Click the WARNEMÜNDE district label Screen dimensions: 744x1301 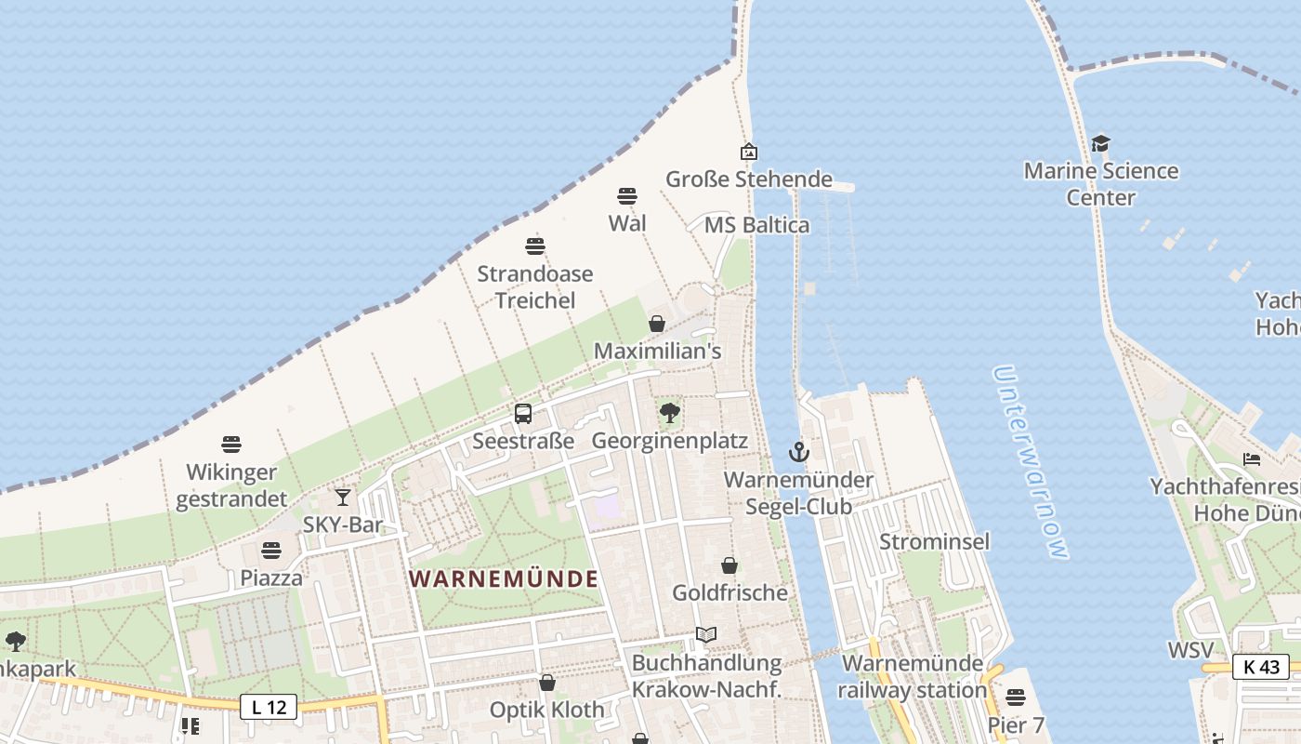coord(504,578)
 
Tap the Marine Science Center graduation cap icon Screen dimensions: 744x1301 coord(1100,143)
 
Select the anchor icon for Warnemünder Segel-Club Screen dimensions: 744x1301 coord(798,453)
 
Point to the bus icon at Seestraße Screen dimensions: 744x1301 coord(523,414)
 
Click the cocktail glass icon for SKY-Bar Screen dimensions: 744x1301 coord(343,498)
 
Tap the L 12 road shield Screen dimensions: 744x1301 coord(269,707)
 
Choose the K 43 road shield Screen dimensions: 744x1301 coord(1261,666)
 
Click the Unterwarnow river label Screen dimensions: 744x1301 coord(1031,461)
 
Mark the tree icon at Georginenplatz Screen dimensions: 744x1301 coord(669,413)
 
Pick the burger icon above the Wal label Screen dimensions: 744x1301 coord(627,196)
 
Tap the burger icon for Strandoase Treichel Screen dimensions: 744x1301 coord(534,246)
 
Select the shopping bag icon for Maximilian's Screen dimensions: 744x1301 coord(657,324)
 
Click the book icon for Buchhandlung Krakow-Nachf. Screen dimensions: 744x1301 coord(706,634)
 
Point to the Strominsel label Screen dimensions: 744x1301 coord(934,541)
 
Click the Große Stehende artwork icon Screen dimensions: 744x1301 coord(748,151)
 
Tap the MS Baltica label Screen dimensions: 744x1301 coord(756,225)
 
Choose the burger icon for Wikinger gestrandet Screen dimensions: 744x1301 coord(231,445)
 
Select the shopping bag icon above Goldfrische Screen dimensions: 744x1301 coord(729,565)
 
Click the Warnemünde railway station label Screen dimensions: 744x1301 coord(912,676)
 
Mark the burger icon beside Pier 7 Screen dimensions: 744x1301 coord(1016,697)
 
